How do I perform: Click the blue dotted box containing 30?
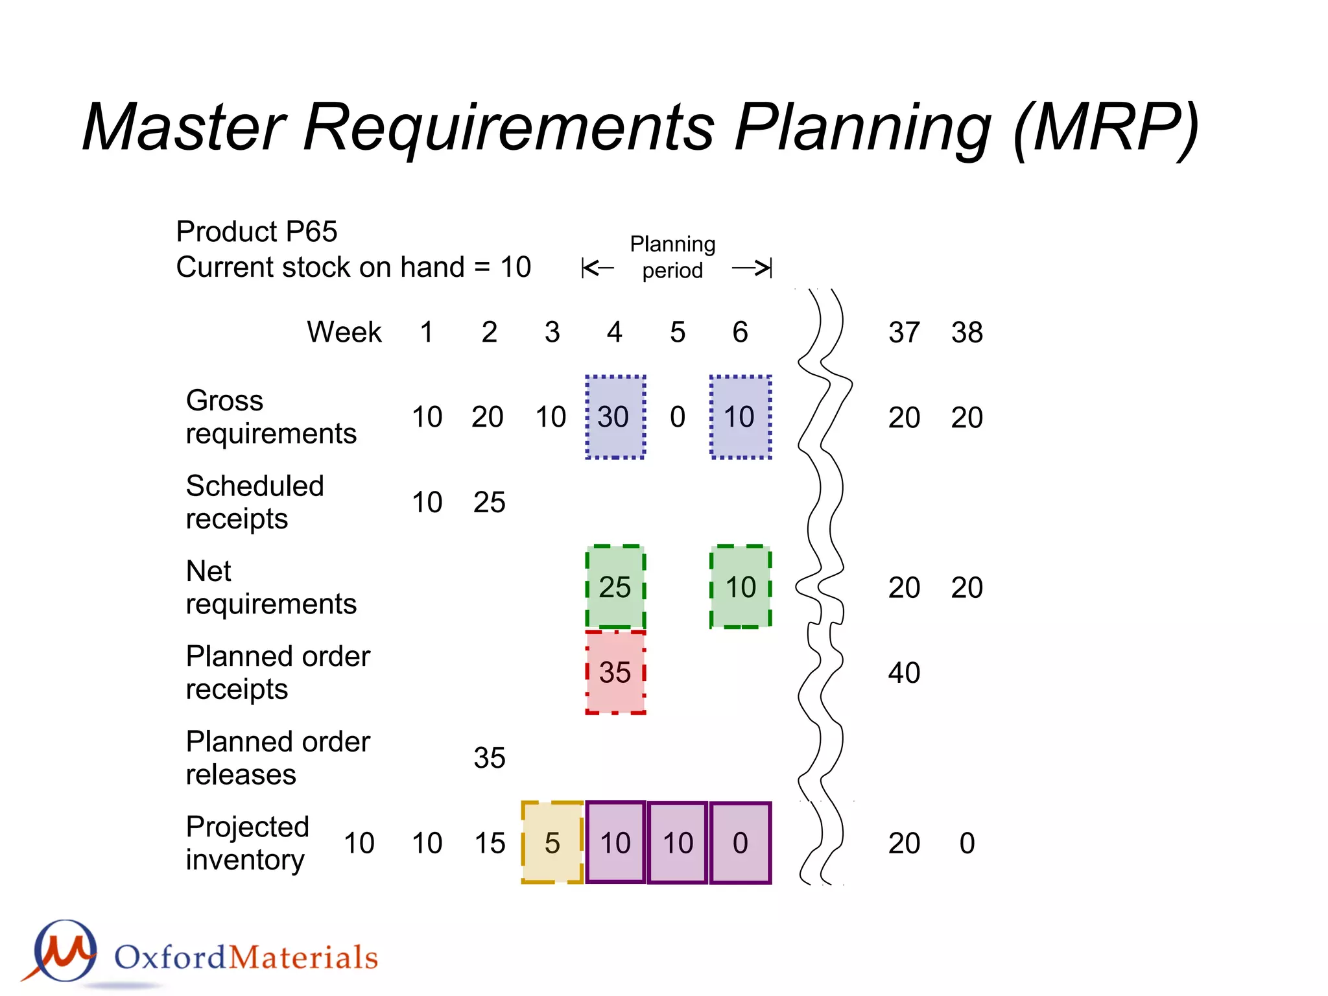[x=615, y=417]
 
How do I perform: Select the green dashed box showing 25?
[x=615, y=587]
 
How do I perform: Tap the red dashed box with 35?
[x=615, y=672]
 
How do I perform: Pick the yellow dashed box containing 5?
[x=552, y=843]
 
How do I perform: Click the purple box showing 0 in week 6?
[x=741, y=843]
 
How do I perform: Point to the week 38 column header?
[x=967, y=332]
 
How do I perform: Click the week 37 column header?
[x=904, y=332]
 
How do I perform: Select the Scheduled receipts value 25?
[x=489, y=502]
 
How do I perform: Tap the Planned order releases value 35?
[x=489, y=757]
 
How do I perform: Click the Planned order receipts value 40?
[x=904, y=672]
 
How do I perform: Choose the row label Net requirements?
[x=270, y=587]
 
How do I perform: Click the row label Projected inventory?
[x=247, y=843]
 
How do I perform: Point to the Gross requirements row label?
[x=270, y=417]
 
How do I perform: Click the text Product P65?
[x=257, y=231]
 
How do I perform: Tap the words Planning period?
[x=672, y=257]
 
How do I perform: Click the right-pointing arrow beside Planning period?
[x=752, y=268]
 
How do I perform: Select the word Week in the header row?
[x=344, y=332]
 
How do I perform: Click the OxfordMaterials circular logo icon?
[x=65, y=951]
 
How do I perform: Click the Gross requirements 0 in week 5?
[x=678, y=417]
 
